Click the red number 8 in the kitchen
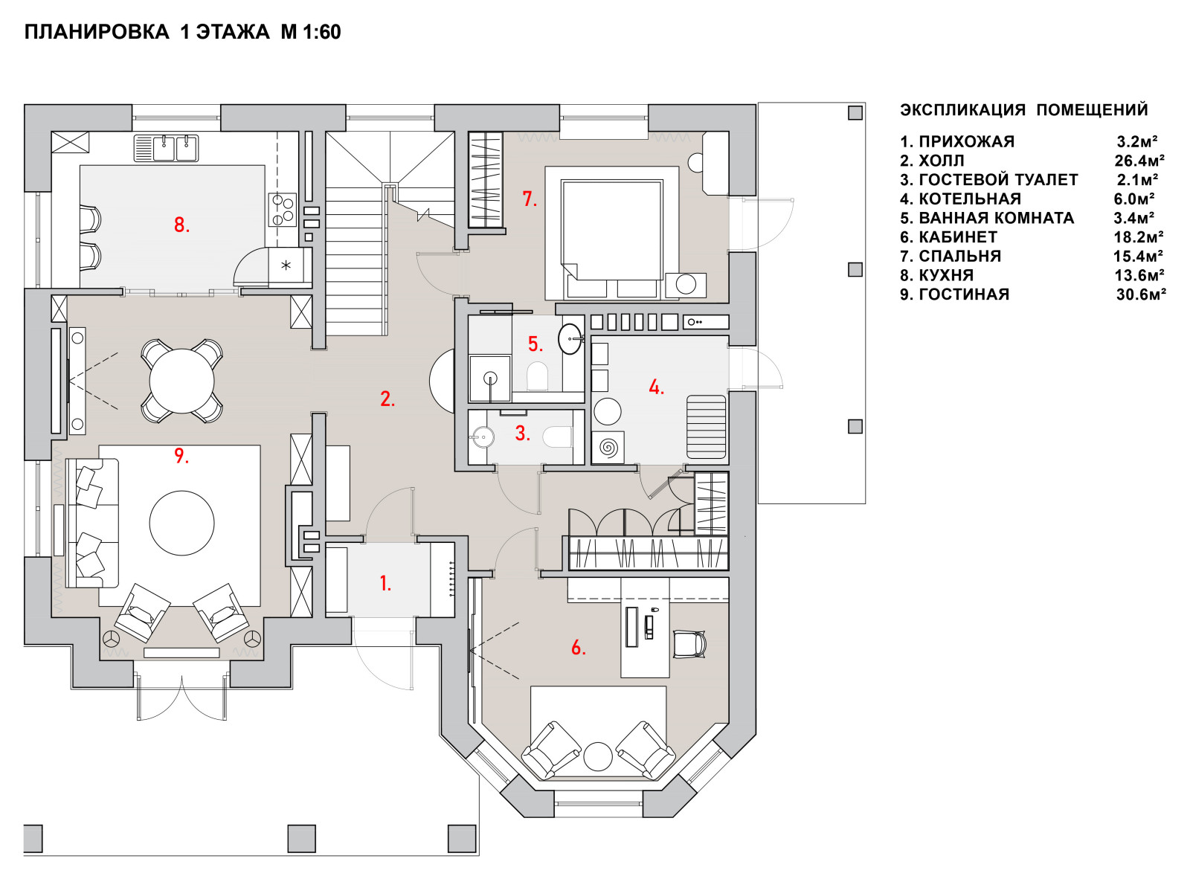[x=181, y=225]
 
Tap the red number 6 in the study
[x=578, y=648]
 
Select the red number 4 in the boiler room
[x=656, y=387]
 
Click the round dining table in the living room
[x=182, y=381]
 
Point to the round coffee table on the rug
[x=182, y=523]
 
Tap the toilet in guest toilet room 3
[x=558, y=437]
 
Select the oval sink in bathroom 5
[x=570, y=338]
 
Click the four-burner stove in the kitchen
[x=282, y=209]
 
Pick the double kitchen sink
[x=167, y=148]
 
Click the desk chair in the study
[x=689, y=643]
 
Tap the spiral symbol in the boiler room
[x=608, y=447]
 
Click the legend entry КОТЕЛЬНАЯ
[x=970, y=199]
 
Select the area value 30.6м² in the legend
[x=1141, y=294]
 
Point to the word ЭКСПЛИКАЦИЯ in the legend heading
[x=962, y=109]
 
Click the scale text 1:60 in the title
[x=322, y=32]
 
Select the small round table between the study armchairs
[x=598, y=756]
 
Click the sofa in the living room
[x=91, y=523]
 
